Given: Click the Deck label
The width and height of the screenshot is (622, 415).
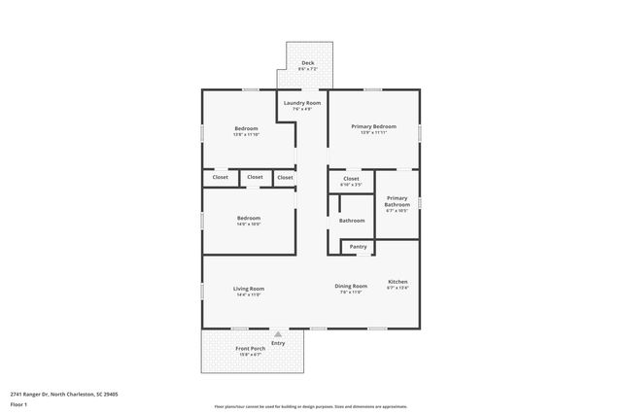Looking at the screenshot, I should click(307, 62).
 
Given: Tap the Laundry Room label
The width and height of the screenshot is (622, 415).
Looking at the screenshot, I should click(301, 102).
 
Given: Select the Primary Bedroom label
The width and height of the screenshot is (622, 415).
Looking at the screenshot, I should click(373, 126).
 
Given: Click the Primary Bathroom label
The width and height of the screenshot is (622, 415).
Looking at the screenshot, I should click(397, 201).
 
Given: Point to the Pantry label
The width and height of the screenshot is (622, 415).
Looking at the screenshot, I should click(358, 247).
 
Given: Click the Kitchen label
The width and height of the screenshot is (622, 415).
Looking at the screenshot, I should click(397, 281).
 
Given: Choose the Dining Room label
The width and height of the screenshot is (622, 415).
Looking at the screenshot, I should click(351, 286).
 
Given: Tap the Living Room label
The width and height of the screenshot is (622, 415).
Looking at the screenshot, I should click(249, 289).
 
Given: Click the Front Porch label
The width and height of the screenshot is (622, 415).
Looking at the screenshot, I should click(250, 348).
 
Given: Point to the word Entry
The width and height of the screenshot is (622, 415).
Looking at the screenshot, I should click(278, 343).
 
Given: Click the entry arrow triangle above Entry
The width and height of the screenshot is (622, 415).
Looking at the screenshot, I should click(278, 333).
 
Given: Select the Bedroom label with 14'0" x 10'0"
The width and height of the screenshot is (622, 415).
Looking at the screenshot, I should click(249, 219).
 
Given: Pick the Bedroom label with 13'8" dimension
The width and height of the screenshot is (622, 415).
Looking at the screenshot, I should click(246, 128).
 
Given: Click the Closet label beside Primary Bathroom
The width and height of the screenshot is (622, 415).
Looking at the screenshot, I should click(351, 179).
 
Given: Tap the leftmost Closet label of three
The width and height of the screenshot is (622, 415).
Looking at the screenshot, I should click(221, 177).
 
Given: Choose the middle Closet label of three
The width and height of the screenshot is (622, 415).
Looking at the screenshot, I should click(255, 177).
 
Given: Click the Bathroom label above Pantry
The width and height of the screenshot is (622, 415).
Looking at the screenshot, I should click(351, 221).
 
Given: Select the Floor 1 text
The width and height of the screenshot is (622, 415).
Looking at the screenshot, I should click(18, 404).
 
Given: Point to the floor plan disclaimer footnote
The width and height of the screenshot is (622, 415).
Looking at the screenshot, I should click(311, 406).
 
